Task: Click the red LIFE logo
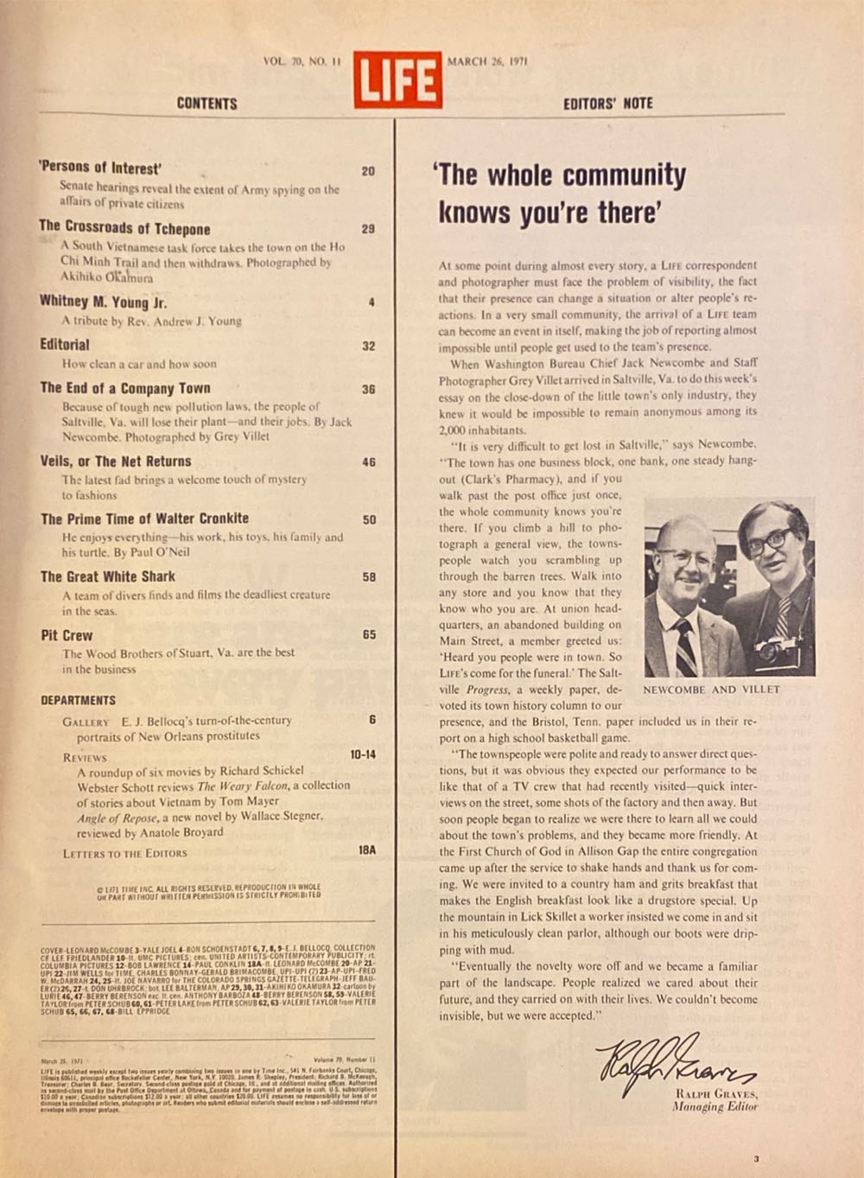pos(397,80)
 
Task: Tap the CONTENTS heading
pos(206,104)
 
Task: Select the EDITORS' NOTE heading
pos(607,104)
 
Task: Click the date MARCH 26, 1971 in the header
pos(487,61)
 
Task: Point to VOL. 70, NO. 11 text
pos(302,61)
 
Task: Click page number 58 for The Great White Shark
pos(369,576)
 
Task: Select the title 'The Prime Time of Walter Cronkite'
pos(144,519)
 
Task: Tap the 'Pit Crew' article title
pos(67,635)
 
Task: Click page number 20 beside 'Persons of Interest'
pos(368,171)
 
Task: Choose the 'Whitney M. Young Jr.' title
pos(103,302)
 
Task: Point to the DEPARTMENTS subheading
pos(78,700)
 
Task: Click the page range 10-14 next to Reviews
pos(363,755)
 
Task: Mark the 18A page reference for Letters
pos(367,850)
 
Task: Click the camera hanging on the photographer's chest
pos(774,651)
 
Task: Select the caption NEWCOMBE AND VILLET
pos(711,690)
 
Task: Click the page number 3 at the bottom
pos(756,1159)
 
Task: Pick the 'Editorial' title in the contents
pos(65,344)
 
